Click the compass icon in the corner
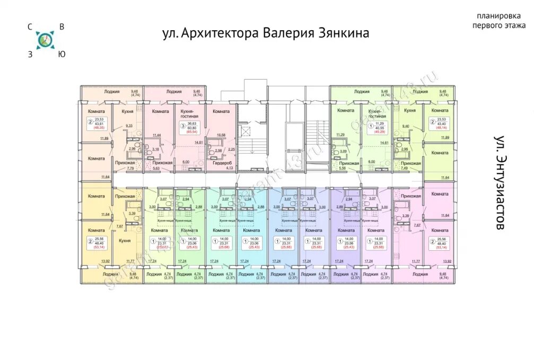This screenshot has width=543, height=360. tap(45, 40)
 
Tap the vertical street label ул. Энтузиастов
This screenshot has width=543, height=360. tap(499, 183)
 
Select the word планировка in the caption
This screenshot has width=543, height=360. tap(498, 16)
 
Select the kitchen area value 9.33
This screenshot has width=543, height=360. tap(129, 126)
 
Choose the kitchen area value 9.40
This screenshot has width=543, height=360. tap(406, 126)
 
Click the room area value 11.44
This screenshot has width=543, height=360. tap(157, 135)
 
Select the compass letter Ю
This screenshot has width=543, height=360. tap(62, 53)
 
